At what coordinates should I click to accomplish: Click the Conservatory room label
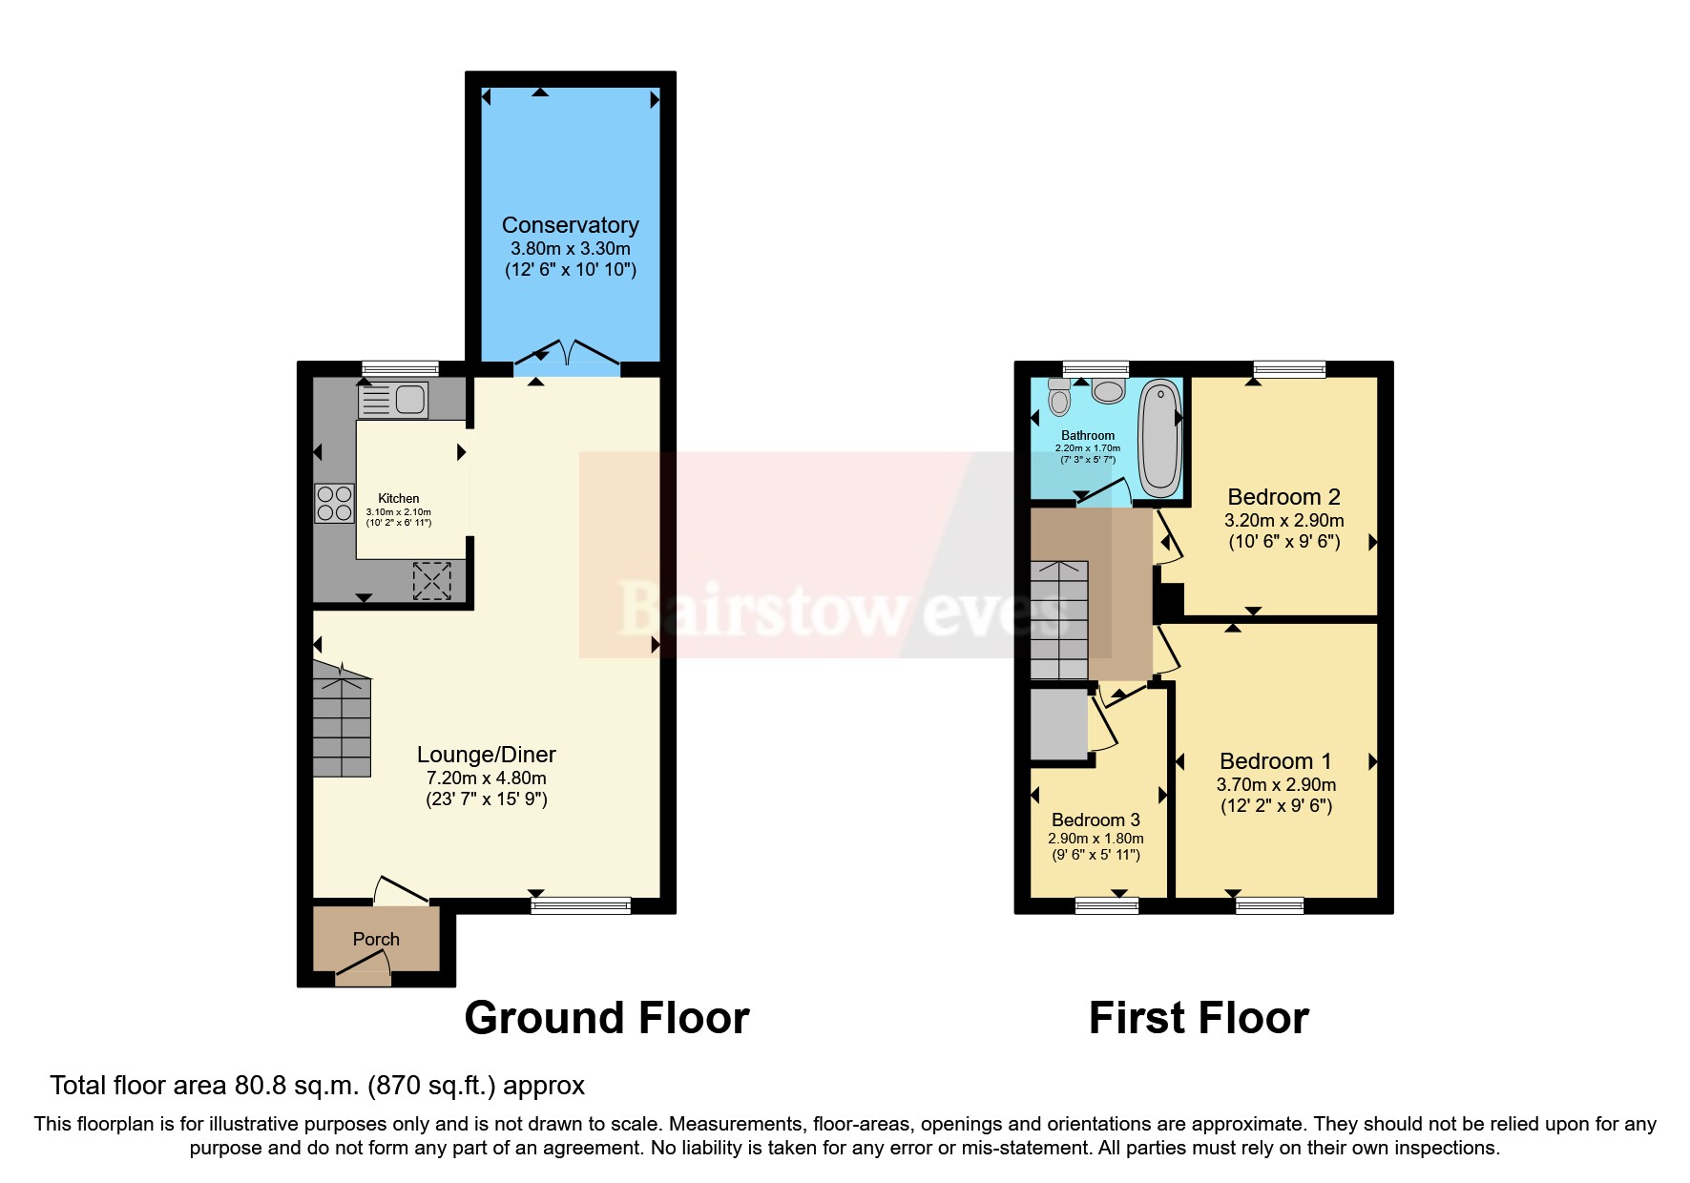click(x=570, y=225)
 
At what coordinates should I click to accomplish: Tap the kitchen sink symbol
click(x=393, y=400)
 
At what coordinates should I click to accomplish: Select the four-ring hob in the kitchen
click(x=334, y=504)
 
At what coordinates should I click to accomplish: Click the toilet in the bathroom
click(x=1059, y=396)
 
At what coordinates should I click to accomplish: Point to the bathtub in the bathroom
click(x=1159, y=439)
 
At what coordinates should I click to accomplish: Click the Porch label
click(x=376, y=939)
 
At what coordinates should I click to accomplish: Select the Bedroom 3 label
click(x=1095, y=820)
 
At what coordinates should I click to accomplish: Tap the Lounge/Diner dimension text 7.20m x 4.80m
click(x=486, y=778)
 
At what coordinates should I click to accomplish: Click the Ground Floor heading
click(x=607, y=1018)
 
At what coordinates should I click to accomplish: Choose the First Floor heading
click(x=1199, y=1018)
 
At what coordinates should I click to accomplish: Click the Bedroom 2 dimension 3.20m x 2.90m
click(x=1283, y=521)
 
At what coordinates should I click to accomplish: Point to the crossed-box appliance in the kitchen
click(x=431, y=581)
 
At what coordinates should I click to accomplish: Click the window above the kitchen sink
click(x=400, y=368)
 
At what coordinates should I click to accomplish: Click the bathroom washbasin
click(x=1109, y=391)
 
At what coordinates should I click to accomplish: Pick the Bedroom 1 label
click(x=1275, y=761)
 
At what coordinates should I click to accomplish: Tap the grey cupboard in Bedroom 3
click(x=1059, y=725)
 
